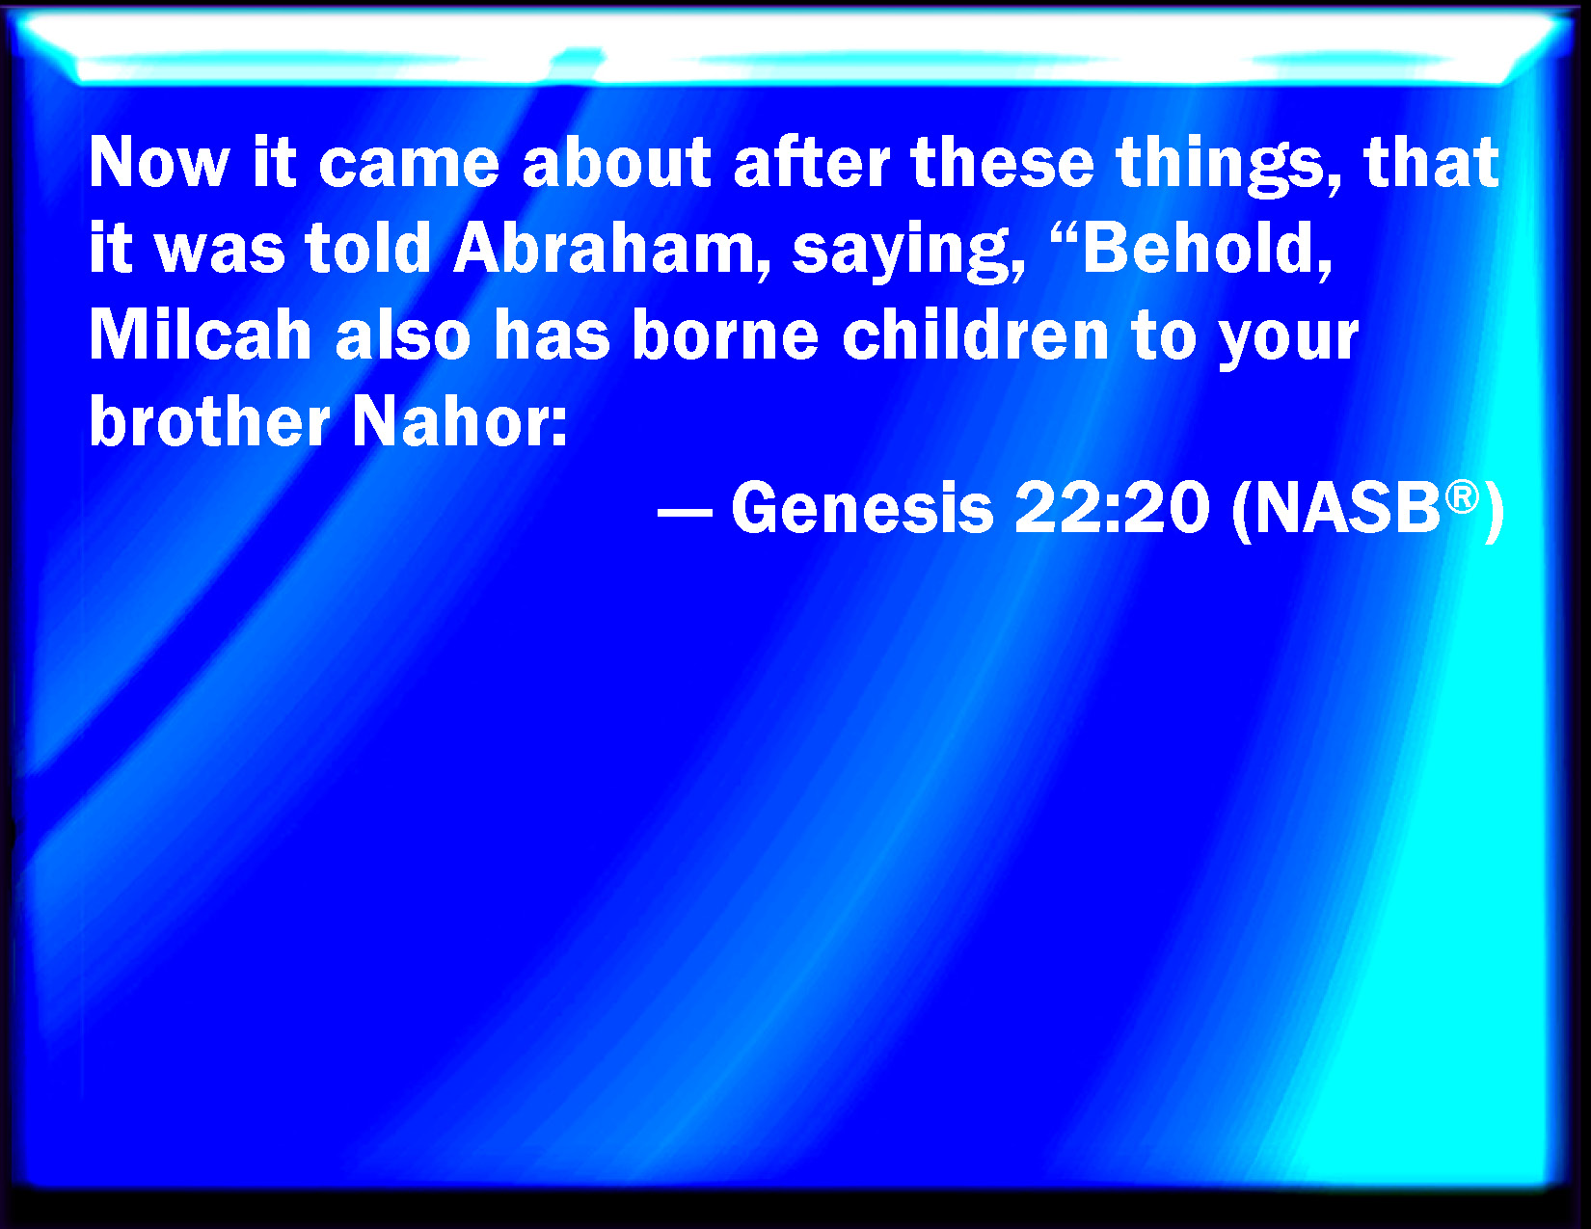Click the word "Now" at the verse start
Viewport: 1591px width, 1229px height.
(159, 162)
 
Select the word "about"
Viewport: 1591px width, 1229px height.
(616, 162)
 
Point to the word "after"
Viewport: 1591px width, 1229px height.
(811, 162)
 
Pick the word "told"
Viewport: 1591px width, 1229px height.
(367, 248)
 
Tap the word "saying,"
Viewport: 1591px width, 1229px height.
(908, 252)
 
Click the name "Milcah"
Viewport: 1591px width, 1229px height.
(201, 334)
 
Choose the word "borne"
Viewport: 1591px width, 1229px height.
(725, 334)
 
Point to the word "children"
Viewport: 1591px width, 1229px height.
(975, 334)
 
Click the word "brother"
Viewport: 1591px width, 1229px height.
(209, 420)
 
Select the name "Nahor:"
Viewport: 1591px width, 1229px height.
(460, 420)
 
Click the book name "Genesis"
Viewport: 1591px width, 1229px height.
(862, 506)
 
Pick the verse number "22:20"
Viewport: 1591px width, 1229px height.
(1112, 506)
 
